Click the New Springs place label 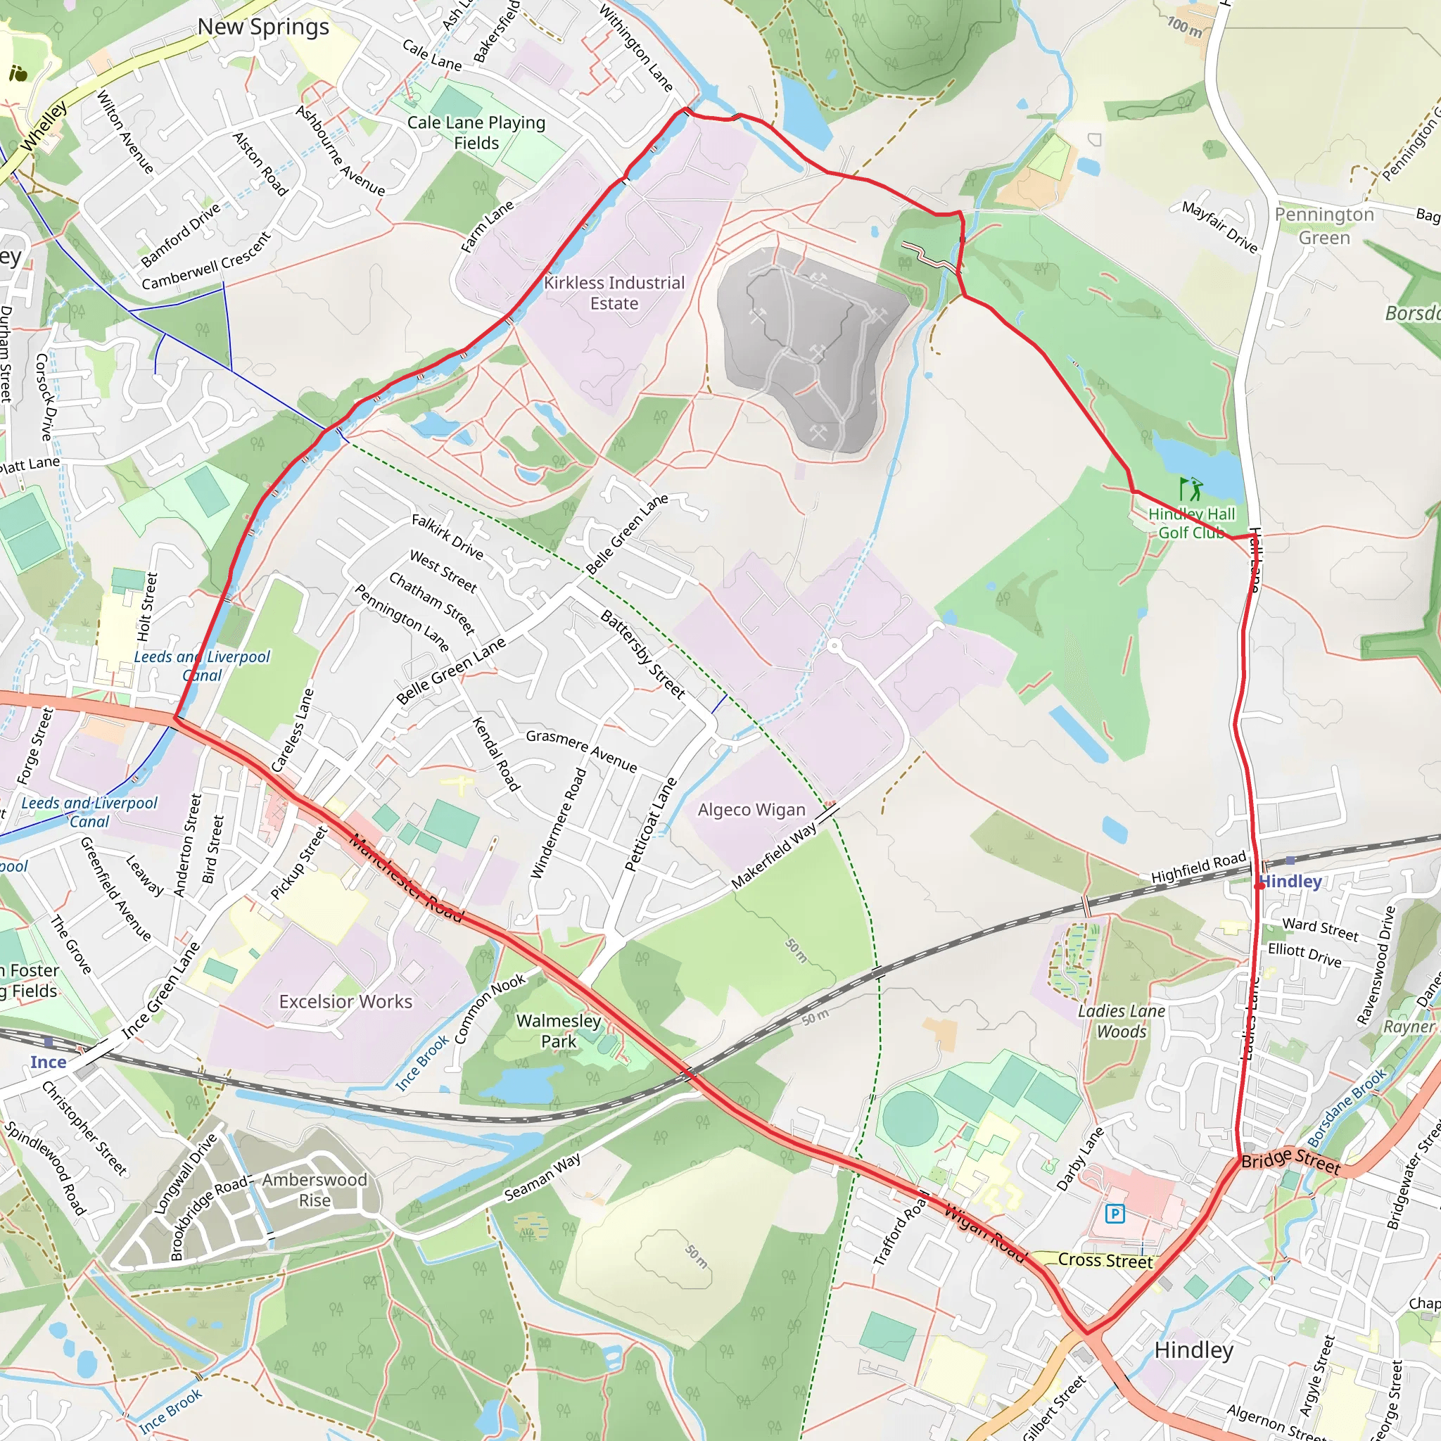coord(262,27)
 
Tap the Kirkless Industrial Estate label coord(614,293)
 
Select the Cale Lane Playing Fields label coord(476,133)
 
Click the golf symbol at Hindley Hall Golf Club coord(1191,489)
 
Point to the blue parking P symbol coord(1115,1214)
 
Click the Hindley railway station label coord(1291,882)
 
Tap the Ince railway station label coord(49,1062)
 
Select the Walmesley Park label coord(559,1031)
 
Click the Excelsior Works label coord(345,1002)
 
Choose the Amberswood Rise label coord(315,1190)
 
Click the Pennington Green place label coord(1324,226)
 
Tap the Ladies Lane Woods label coord(1122,1021)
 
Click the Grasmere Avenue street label coord(582,751)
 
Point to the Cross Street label coord(1105,1260)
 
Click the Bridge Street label coord(1291,1160)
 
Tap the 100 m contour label coord(1184,27)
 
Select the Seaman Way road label coord(542,1179)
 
